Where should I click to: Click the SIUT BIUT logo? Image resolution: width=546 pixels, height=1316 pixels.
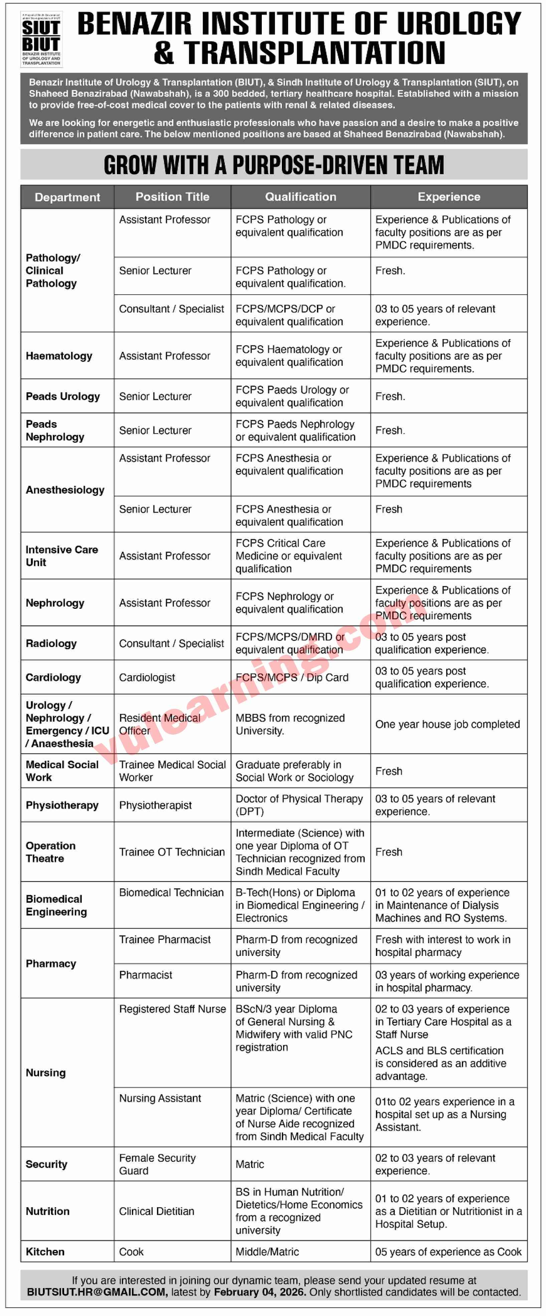pyautogui.click(x=41, y=39)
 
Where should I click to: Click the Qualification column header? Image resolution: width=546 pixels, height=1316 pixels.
pyautogui.click(x=300, y=197)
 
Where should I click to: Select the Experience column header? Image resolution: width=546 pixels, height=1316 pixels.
pyautogui.click(x=448, y=197)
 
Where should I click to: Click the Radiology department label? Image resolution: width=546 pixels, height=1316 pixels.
pyautogui.click(x=51, y=643)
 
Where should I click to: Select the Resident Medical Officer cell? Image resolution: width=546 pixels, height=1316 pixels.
pyautogui.click(x=160, y=724)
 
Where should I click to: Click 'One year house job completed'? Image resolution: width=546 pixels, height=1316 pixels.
pyautogui.click(x=447, y=724)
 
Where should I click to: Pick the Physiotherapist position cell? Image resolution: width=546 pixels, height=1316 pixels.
pyautogui.click(x=155, y=805)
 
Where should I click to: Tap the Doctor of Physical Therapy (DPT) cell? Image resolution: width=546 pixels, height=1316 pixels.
pyautogui.click(x=299, y=805)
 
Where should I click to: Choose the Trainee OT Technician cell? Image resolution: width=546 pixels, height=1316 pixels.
pyautogui.click(x=172, y=852)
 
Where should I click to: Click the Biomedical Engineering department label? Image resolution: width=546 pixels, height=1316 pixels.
pyautogui.click(x=56, y=905)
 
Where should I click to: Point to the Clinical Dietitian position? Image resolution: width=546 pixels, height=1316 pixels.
pyautogui.click(x=156, y=1211)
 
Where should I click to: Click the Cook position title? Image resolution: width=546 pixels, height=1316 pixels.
pyautogui.click(x=131, y=1252)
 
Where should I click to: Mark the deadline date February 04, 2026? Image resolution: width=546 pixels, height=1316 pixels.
pyautogui.click(x=260, y=1292)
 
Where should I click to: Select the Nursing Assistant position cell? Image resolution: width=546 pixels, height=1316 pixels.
pyautogui.click(x=160, y=1098)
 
